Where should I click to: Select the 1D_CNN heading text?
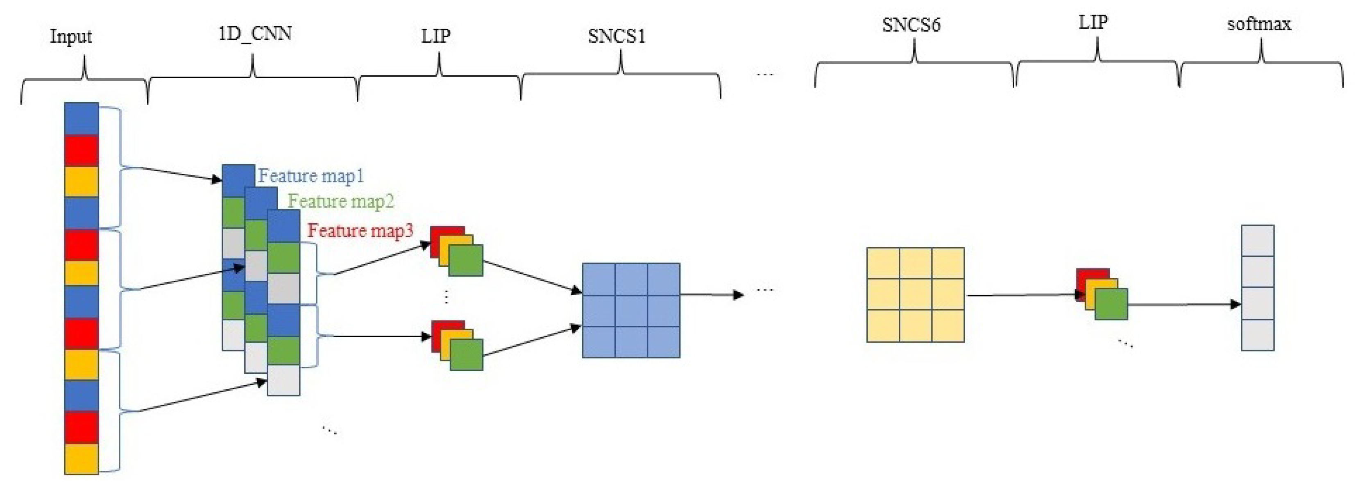click(255, 34)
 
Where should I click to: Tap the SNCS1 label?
click(616, 36)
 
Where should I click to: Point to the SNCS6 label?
click(911, 25)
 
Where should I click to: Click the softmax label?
click(1259, 24)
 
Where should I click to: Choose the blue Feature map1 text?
click(311, 176)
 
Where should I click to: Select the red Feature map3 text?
click(360, 231)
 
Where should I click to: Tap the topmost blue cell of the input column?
click(81, 119)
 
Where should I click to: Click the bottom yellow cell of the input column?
click(81, 459)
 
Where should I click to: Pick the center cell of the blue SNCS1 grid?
click(631, 310)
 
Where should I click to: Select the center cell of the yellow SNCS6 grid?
click(916, 295)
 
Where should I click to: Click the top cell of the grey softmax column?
click(1257, 241)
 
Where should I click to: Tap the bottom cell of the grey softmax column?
click(1257, 335)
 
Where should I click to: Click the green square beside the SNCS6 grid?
click(1111, 304)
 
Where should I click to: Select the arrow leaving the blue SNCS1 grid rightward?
click(711, 295)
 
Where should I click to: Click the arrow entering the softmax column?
click(1183, 304)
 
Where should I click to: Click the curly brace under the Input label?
click(84, 79)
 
